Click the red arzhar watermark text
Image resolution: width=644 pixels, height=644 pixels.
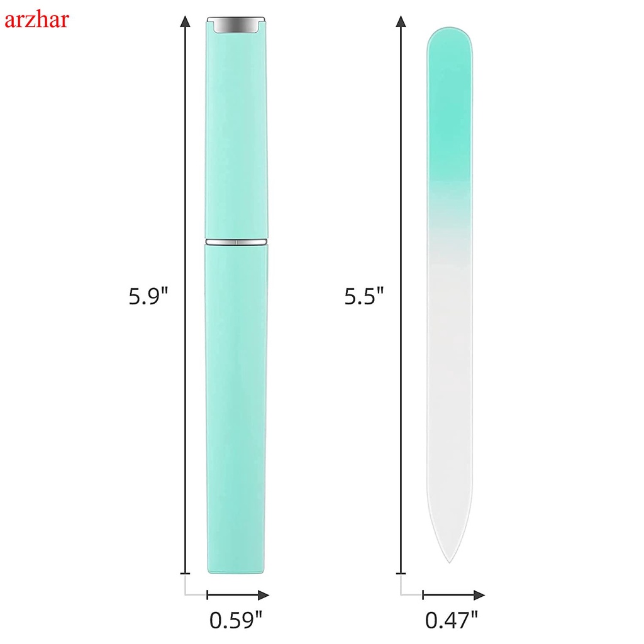click(x=36, y=19)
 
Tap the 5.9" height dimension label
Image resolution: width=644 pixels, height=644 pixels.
click(x=148, y=296)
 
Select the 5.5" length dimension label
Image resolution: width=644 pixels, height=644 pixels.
click(x=364, y=296)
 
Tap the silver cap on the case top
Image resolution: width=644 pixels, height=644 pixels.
click(x=236, y=25)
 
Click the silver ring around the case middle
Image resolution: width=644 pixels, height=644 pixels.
click(x=236, y=241)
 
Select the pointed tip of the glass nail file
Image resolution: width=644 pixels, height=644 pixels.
click(x=450, y=562)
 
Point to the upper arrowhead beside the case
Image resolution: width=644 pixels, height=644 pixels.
click(x=186, y=21)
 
